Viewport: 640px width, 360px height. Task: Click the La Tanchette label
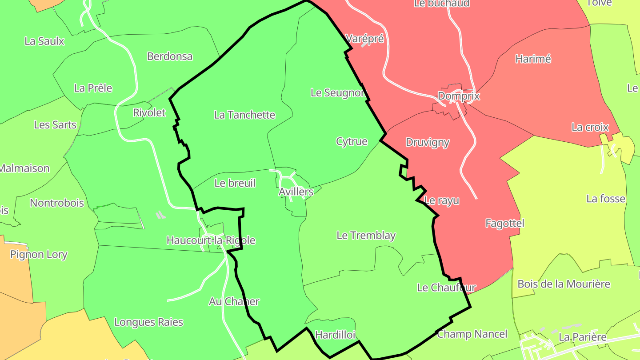tap(244, 115)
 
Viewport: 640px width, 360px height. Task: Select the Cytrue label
tap(352, 141)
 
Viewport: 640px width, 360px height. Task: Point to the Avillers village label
tap(296, 192)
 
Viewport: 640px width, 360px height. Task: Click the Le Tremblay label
tap(366, 235)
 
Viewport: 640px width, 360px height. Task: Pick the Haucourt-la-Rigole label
tap(211, 240)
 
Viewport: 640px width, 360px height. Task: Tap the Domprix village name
tap(459, 96)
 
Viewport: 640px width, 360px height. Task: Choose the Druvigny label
tap(428, 142)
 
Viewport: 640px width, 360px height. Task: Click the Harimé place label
tap(533, 59)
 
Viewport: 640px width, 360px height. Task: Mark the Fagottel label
tap(504, 223)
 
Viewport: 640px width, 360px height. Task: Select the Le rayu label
tap(441, 200)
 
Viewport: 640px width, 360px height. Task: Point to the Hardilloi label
tap(335, 335)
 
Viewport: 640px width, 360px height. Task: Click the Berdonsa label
tap(169, 56)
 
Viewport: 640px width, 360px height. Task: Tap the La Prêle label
tap(93, 88)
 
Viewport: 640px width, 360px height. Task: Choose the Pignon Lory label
tap(39, 254)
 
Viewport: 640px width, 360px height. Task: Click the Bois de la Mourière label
tap(564, 284)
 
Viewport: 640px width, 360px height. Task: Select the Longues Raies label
tap(148, 322)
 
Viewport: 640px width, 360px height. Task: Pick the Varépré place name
tap(364, 38)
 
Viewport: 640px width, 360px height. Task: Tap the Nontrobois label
tap(56, 203)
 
